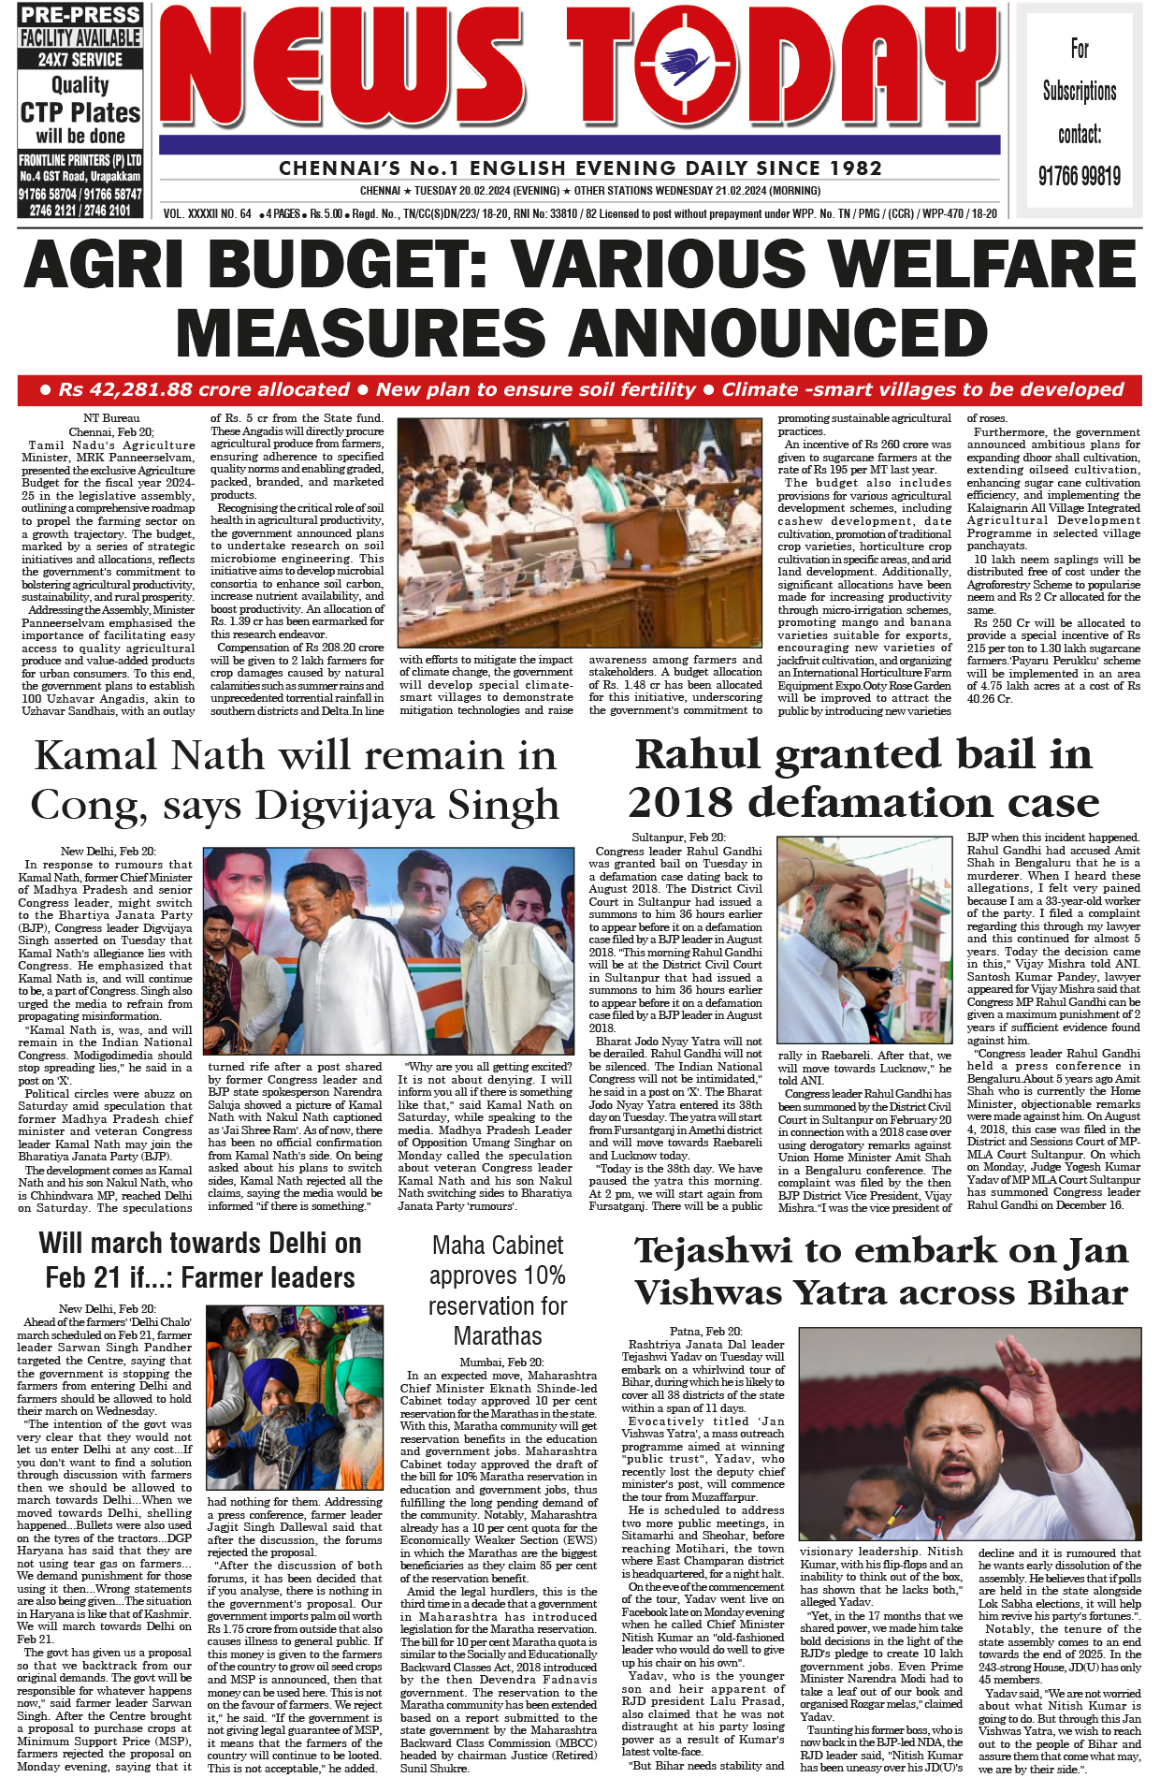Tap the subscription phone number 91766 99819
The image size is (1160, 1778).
tap(1079, 176)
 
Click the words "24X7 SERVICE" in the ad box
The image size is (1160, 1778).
tap(80, 59)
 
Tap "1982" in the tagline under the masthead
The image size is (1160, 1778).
tap(850, 168)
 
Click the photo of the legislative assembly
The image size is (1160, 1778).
tap(580, 532)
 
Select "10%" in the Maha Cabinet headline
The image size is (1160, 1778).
tap(544, 1275)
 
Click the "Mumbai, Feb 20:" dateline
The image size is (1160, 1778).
tap(500, 1363)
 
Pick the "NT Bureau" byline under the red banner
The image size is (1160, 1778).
tap(111, 418)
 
